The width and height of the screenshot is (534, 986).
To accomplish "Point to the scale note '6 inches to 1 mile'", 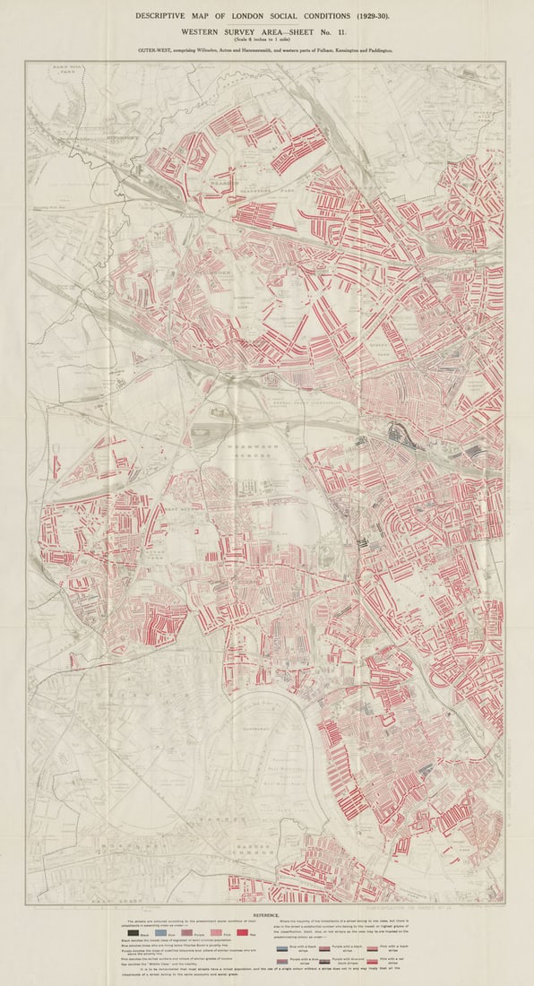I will [267, 39].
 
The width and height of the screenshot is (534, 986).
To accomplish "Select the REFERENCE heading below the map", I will [266, 914].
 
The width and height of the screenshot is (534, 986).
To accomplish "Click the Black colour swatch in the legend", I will [133, 934].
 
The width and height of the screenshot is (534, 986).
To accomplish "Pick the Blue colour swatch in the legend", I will [161, 934].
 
